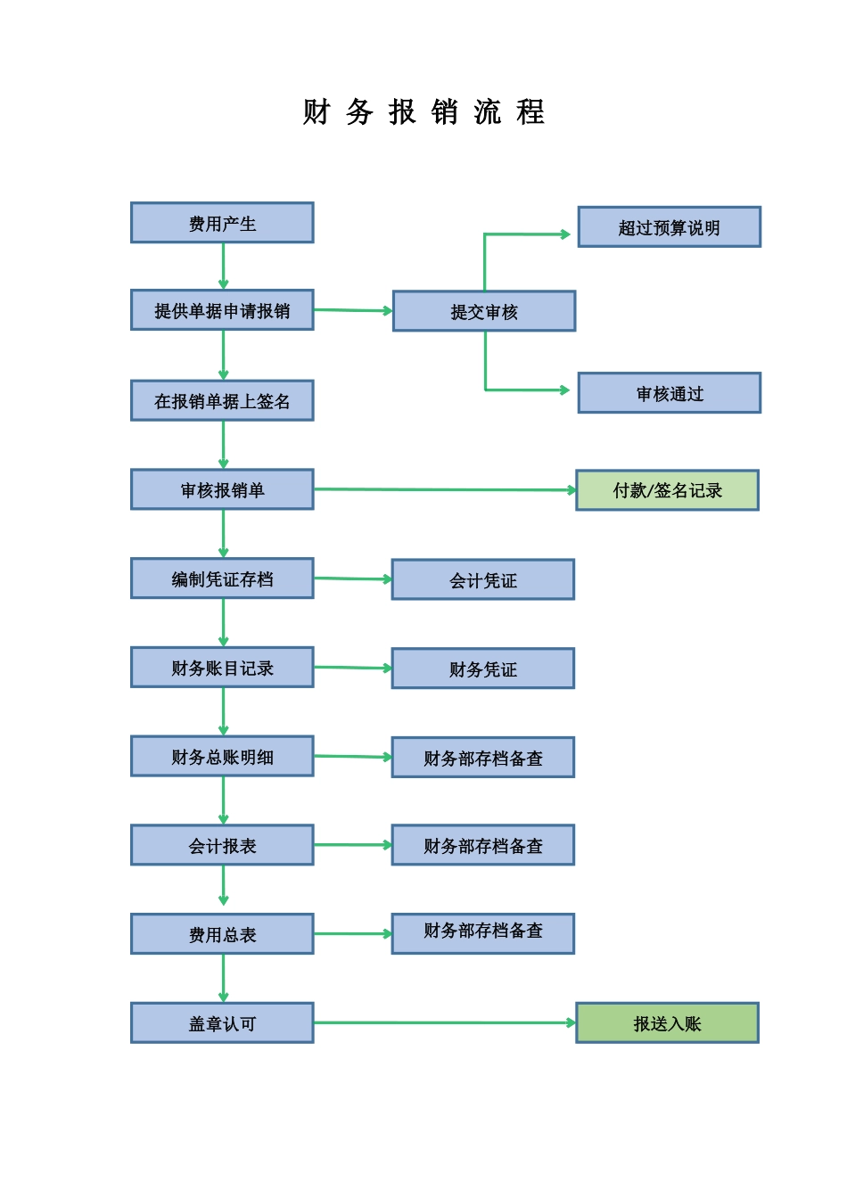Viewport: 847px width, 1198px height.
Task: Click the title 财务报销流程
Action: click(x=423, y=112)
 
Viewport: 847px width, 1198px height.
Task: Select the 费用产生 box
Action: click(x=222, y=223)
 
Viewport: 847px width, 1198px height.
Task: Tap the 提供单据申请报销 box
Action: click(x=222, y=310)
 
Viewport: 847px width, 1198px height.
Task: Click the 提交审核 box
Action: click(x=484, y=311)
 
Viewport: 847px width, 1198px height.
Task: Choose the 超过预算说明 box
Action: click(x=669, y=227)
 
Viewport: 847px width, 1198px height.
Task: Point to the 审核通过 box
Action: click(x=669, y=393)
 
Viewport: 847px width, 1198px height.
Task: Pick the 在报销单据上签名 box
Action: click(x=222, y=401)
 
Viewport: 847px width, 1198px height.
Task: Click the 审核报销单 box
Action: click(x=222, y=489)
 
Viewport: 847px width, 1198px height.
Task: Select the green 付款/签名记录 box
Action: click(x=667, y=490)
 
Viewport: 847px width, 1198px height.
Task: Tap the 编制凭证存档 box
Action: click(x=222, y=578)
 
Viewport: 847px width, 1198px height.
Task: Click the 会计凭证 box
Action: click(x=482, y=579)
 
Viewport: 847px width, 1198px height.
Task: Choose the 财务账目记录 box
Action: click(x=222, y=668)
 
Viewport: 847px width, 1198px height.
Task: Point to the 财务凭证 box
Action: click(x=482, y=669)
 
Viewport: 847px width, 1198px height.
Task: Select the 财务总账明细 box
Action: click(x=222, y=756)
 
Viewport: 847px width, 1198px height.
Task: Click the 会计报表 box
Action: click(x=222, y=845)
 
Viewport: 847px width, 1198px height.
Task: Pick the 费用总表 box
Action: click(x=222, y=934)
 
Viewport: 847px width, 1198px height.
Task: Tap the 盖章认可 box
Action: click(x=222, y=1022)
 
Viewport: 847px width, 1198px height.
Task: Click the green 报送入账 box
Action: click(x=667, y=1022)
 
